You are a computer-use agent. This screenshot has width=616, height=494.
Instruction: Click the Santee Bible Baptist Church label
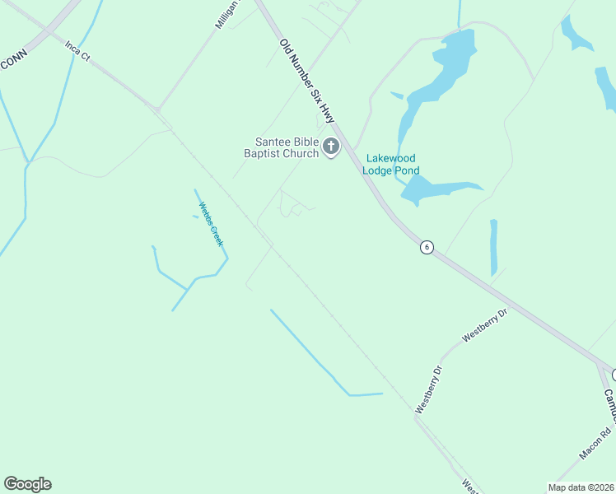click(x=281, y=147)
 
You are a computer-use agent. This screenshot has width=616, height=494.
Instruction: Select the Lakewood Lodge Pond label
click(x=391, y=164)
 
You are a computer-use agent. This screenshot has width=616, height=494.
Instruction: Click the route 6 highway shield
click(x=427, y=247)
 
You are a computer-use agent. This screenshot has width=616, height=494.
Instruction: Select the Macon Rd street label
click(x=595, y=444)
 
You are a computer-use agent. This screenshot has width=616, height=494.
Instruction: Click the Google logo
click(x=27, y=484)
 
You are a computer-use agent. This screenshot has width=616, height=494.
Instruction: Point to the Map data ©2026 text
click(x=581, y=487)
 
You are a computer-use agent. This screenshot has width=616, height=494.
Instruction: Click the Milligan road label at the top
click(x=226, y=16)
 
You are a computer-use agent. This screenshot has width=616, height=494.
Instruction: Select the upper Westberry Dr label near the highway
click(x=486, y=324)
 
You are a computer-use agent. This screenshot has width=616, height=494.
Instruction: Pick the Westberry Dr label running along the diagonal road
click(x=429, y=389)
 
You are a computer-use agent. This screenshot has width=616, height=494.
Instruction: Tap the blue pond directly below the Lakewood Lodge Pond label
click(x=436, y=190)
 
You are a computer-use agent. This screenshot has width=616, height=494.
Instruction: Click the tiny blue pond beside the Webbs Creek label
click(x=195, y=217)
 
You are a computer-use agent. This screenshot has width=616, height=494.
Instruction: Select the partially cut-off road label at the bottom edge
click(x=467, y=487)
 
